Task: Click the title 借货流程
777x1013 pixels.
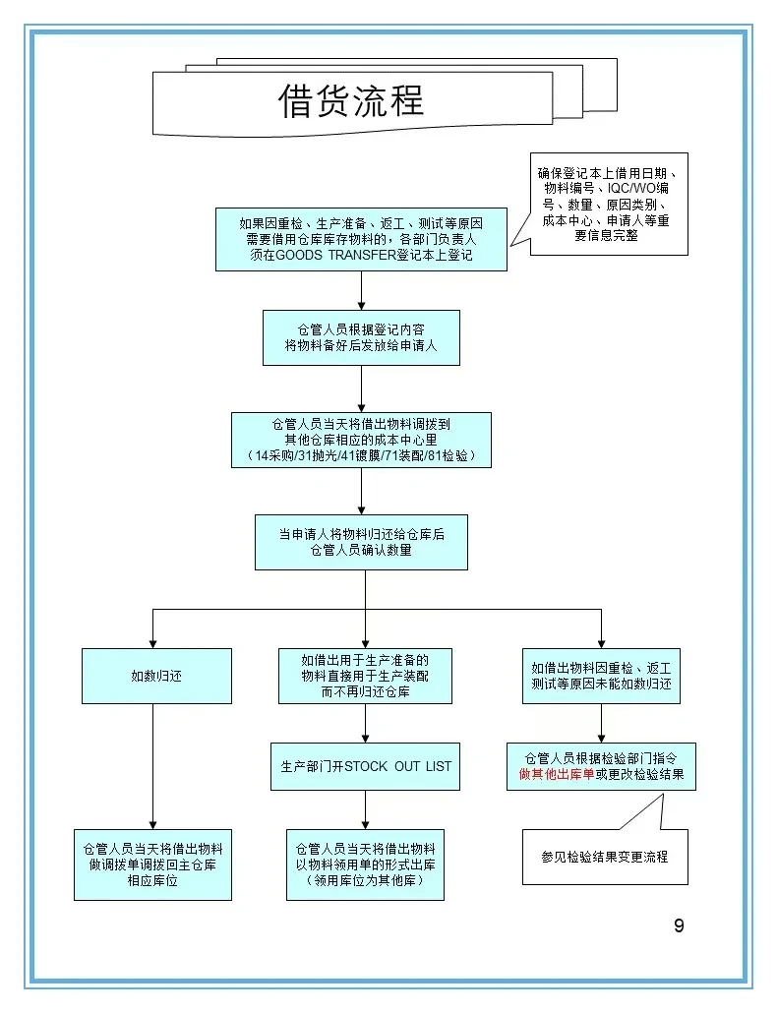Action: click(x=351, y=101)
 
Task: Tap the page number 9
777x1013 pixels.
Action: click(x=679, y=925)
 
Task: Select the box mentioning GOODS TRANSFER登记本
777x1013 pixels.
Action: click(x=361, y=239)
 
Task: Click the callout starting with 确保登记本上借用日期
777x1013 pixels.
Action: click(x=609, y=204)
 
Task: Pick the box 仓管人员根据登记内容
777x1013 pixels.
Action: click(x=361, y=337)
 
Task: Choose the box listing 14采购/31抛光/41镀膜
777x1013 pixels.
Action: click(x=361, y=440)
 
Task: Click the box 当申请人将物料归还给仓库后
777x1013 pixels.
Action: click(x=361, y=542)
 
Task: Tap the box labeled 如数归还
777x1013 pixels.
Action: click(x=156, y=676)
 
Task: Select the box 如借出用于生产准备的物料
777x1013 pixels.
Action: click(x=365, y=676)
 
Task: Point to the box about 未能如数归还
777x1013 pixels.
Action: click(x=601, y=676)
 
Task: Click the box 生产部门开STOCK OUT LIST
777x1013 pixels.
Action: click(x=365, y=766)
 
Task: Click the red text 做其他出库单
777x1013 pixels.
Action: click(x=557, y=775)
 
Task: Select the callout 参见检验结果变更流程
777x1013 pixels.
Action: click(x=605, y=857)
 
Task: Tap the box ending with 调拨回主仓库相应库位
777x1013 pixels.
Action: click(x=152, y=864)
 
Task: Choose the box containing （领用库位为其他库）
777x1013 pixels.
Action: click(x=365, y=864)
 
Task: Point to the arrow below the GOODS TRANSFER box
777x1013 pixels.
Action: click(x=361, y=290)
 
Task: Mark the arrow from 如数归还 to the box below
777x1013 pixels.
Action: click(x=152, y=767)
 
